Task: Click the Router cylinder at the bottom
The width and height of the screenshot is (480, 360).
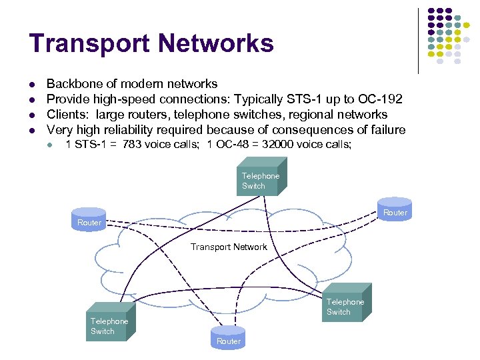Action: [228, 339]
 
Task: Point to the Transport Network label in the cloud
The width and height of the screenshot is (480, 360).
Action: [229, 247]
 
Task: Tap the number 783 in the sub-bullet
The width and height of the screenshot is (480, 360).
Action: [133, 144]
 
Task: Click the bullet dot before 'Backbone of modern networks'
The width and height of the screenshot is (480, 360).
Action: [31, 85]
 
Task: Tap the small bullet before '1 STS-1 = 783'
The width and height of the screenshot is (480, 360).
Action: [51, 145]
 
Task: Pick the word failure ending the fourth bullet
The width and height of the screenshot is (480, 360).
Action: [385, 130]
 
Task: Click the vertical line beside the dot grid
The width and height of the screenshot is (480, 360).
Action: [418, 40]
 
